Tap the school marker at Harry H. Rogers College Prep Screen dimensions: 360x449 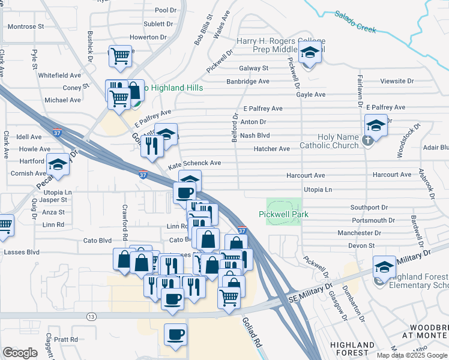310,54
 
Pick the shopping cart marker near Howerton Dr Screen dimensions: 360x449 121,56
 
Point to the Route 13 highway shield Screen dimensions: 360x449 91,316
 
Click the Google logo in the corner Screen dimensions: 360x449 20,353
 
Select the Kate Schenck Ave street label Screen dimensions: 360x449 194,163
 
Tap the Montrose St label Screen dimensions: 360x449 26,26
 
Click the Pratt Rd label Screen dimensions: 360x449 65,339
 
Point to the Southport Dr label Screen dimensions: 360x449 370,207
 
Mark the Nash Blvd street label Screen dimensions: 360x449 255,136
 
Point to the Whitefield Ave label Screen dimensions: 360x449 59,76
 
